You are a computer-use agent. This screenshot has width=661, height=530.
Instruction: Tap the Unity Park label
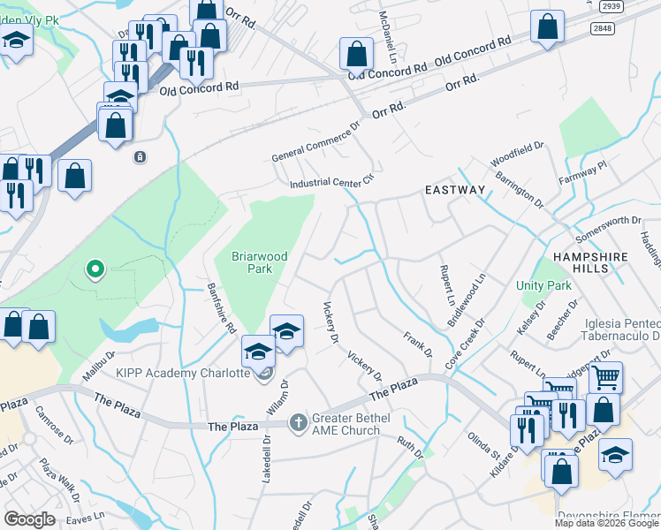click(543, 285)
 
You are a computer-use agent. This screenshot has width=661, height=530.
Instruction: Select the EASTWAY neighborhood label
click(455, 190)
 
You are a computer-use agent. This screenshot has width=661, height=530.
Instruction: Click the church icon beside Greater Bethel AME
click(298, 422)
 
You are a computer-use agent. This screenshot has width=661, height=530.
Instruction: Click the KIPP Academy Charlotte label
click(183, 373)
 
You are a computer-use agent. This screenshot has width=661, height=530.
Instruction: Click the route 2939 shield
click(611, 6)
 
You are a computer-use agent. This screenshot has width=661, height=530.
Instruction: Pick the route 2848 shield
click(604, 29)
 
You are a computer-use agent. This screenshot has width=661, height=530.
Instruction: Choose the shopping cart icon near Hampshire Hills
click(605, 378)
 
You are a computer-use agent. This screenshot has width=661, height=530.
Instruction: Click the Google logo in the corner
click(28, 519)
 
